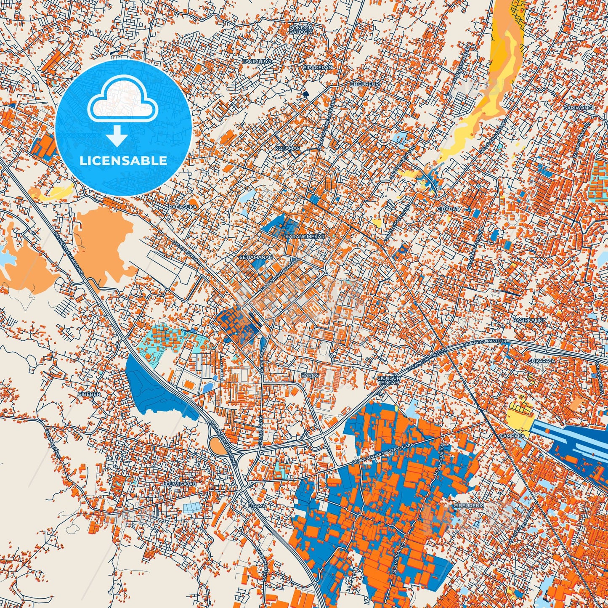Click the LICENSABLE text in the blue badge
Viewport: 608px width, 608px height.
click(124, 161)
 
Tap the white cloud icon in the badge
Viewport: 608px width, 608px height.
click(122, 103)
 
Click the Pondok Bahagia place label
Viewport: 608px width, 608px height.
click(301, 29)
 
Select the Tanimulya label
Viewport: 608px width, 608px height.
click(257, 61)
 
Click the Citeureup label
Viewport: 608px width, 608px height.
click(365, 84)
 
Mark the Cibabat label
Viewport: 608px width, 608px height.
click(448, 209)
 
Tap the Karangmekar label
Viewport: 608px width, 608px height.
click(305, 237)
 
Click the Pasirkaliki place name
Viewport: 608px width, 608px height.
click(523, 320)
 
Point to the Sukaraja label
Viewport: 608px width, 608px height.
click(542, 361)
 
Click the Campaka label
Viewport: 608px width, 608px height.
click(512, 436)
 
